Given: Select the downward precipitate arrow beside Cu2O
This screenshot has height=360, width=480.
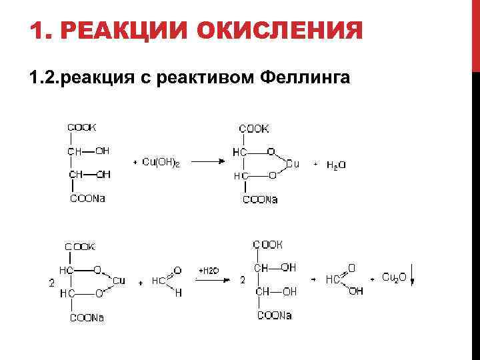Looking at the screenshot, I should (413, 273).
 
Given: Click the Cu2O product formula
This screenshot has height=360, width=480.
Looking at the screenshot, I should (394, 277).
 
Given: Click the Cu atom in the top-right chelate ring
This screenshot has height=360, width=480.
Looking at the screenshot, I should (293, 163).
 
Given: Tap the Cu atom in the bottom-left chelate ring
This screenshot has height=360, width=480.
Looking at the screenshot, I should (119, 281).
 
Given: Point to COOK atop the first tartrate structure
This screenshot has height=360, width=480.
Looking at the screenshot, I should (81, 127).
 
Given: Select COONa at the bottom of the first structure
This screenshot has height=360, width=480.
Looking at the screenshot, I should (87, 198).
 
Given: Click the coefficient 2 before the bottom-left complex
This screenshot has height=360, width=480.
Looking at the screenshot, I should (52, 283).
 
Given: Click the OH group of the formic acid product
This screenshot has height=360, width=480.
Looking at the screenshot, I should (356, 291).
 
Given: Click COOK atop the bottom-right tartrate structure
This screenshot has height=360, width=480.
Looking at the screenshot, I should (268, 244).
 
